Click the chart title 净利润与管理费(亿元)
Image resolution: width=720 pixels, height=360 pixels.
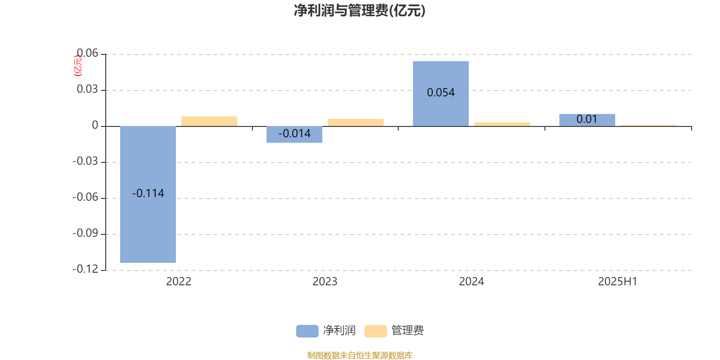pyautogui.click(x=360, y=11)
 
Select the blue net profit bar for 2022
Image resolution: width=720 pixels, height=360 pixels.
pyautogui.click(x=148, y=194)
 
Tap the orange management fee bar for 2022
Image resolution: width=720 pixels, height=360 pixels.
pyautogui.click(x=209, y=121)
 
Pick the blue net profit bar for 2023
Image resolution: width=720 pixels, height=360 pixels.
pyautogui.click(x=294, y=135)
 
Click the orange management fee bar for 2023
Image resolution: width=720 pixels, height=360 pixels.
pyautogui.click(x=356, y=122)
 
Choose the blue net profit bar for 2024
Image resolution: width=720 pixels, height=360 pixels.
pyautogui.click(x=441, y=94)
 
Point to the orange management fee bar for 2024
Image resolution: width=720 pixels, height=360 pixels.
pyautogui.click(x=502, y=124)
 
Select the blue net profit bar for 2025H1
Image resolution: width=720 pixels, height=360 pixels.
pyautogui.click(x=587, y=120)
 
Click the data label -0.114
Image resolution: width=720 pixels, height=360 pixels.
pyautogui.click(x=148, y=193)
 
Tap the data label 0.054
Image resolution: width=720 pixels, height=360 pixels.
pyautogui.click(x=441, y=93)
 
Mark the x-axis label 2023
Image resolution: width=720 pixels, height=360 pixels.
pyautogui.click(x=325, y=282)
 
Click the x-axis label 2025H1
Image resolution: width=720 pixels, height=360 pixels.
pyautogui.click(x=617, y=282)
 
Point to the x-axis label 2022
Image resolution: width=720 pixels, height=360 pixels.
pyautogui.click(x=179, y=282)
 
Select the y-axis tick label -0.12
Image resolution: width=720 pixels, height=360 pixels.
pyautogui.click(x=85, y=269)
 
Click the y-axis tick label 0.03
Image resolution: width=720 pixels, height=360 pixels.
pyautogui.click(x=87, y=89)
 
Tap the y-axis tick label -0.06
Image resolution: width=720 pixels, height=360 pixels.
pyautogui.click(x=85, y=197)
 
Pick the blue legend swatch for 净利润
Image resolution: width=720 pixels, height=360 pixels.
pyautogui.click(x=307, y=331)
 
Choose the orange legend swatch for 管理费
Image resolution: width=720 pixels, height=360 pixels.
pyautogui.click(x=375, y=331)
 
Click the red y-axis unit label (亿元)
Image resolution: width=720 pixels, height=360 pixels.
pyautogui.click(x=78, y=66)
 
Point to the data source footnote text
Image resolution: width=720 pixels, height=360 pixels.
pyautogui.click(x=360, y=355)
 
